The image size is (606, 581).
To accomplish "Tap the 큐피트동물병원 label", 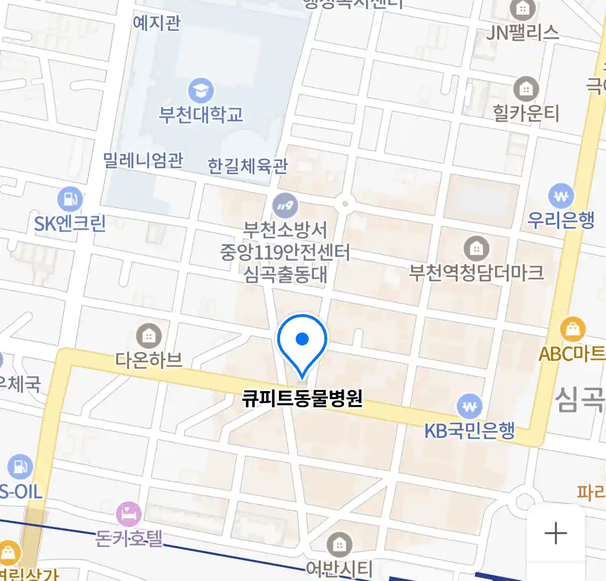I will click(x=302, y=399).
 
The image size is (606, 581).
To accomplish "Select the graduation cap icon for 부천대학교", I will click(x=201, y=91).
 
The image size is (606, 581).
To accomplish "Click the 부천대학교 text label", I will click(x=201, y=115).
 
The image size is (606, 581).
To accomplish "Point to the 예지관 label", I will click(x=157, y=23).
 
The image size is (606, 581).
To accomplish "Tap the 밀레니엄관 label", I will click(x=143, y=160).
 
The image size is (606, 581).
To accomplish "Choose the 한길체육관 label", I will click(x=248, y=166).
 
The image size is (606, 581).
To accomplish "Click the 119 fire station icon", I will click(x=285, y=206).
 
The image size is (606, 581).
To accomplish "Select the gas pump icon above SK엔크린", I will click(x=70, y=200).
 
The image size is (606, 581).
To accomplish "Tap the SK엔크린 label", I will click(x=70, y=223).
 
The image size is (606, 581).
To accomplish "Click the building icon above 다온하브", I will click(x=149, y=337).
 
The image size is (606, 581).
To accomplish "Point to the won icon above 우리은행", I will click(x=561, y=196).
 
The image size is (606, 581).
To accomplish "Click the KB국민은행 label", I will click(x=470, y=431).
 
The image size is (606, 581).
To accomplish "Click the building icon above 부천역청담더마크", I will click(x=476, y=249).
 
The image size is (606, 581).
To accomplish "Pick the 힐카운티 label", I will click(x=526, y=114).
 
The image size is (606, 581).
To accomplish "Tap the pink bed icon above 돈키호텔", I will click(x=129, y=514).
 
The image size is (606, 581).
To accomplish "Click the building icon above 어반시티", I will click(x=339, y=545).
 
